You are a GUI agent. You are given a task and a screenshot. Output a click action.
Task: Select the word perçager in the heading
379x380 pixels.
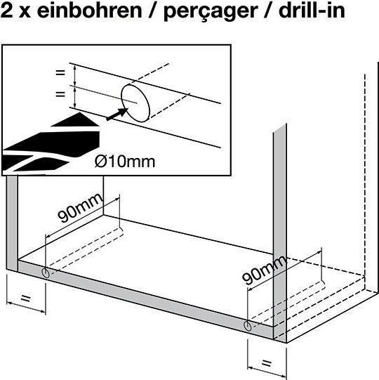coord(210,12)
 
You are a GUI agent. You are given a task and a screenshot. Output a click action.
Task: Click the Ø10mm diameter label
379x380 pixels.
coord(125,162)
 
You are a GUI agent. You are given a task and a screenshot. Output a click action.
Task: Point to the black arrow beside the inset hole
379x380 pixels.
coord(117,114)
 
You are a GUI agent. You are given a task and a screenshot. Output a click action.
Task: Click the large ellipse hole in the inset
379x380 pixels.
coord(135,103)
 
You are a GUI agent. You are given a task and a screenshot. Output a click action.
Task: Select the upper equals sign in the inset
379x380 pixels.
coord(60,72)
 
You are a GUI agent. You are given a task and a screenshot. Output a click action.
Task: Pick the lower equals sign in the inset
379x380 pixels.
coord(60,94)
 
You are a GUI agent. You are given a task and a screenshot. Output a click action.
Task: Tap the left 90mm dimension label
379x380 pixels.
coord(81,208)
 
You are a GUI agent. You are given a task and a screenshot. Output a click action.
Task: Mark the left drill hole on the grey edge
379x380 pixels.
coord(46,274)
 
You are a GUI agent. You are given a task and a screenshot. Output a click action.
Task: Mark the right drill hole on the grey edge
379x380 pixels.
coord(248,326)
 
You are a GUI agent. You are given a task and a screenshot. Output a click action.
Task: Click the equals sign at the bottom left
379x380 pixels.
coord(26,298)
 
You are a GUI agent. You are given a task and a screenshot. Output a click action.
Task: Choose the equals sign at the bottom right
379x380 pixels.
coord(267,363)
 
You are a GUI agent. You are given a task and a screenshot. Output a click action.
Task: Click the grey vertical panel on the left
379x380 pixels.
coord(12,223)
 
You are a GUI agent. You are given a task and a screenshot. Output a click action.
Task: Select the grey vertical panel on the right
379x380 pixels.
coord(280,232)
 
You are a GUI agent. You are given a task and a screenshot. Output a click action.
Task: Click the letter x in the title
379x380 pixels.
coord(25,13)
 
